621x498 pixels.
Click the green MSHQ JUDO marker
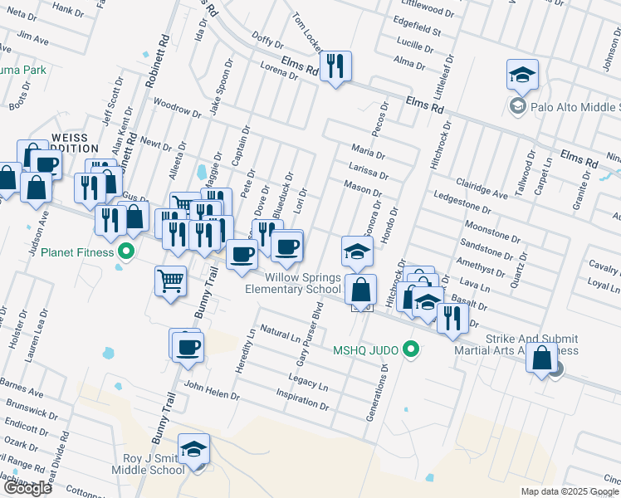(408, 349)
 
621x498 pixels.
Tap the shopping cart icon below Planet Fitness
(170, 280)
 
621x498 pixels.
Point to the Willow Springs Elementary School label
(292, 283)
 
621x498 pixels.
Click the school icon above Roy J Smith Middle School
(193, 449)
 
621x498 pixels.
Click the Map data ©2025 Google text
(570, 491)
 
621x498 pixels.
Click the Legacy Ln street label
(308, 383)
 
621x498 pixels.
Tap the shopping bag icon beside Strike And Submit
(541, 359)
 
